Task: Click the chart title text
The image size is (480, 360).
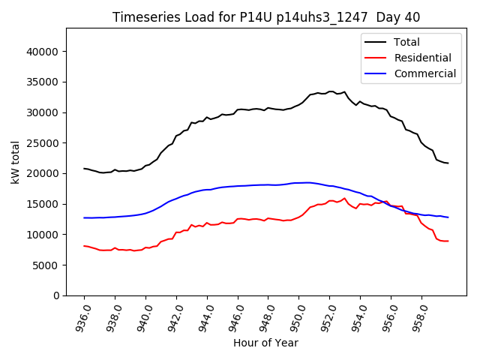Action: coord(266,17)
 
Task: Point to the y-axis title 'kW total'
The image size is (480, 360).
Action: coord(15,162)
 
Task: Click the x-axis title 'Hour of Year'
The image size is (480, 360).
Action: coord(265,343)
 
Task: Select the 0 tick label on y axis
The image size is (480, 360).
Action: coord(56,296)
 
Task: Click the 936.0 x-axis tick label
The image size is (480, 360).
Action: coord(84,316)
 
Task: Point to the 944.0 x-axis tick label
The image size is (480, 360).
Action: coord(207,316)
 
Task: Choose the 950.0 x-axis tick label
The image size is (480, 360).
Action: coord(298,316)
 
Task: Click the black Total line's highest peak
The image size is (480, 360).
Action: coord(331,91)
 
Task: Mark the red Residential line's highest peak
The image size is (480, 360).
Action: coord(344,199)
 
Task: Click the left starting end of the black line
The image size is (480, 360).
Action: coord(84,168)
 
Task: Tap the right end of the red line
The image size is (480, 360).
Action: coord(448,241)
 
